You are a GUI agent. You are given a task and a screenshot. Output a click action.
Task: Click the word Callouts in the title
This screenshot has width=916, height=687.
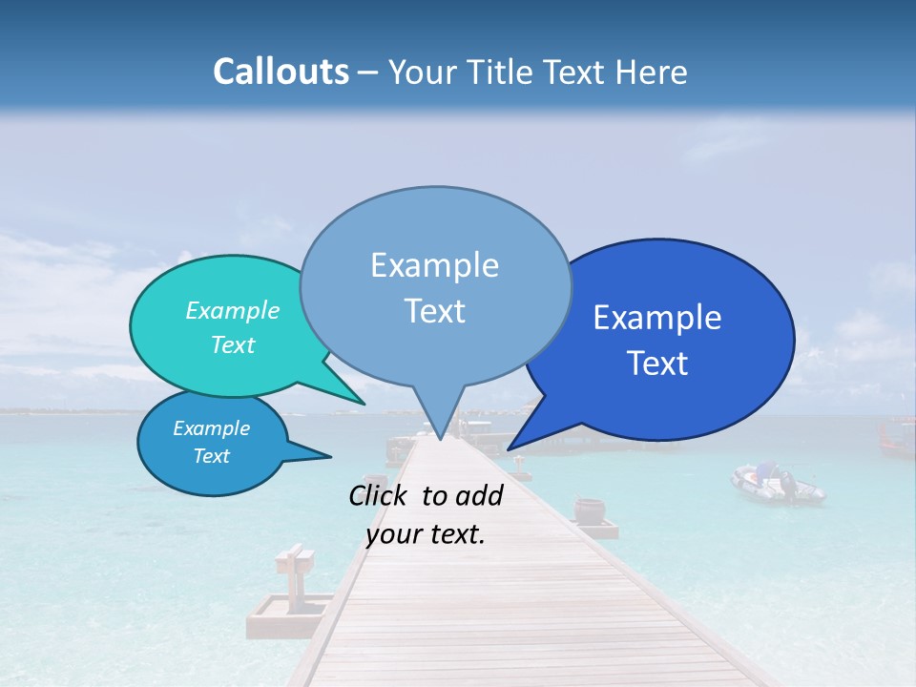click(281, 72)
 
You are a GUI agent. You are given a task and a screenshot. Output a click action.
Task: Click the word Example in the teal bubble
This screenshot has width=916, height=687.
click(232, 310)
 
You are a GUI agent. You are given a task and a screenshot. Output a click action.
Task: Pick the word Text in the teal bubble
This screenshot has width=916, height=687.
click(232, 344)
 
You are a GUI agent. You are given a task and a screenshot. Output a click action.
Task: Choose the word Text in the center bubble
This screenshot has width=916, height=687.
click(434, 310)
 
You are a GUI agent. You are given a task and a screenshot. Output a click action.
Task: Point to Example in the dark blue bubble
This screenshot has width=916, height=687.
click(657, 317)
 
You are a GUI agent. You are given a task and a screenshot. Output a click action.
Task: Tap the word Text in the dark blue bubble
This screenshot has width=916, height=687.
click(657, 363)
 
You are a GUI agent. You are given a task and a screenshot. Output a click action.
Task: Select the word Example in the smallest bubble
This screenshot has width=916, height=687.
click(211, 428)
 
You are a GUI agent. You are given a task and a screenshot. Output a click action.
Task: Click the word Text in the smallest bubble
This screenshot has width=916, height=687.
click(211, 456)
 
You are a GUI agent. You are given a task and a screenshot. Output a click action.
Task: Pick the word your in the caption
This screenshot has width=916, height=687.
click(393, 534)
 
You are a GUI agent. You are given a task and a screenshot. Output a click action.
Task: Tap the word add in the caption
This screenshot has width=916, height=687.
click(478, 494)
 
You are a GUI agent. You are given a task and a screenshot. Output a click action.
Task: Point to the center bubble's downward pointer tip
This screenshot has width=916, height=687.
click(440, 440)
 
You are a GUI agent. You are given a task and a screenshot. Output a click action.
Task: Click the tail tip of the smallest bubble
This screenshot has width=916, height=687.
click(330, 457)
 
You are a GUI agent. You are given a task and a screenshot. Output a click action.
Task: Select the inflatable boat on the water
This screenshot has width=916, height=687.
click(777, 484)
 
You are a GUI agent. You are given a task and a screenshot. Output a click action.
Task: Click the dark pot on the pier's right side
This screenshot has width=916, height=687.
click(589, 510)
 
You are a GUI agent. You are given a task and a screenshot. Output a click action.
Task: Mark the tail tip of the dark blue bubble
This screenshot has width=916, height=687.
click(509, 449)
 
